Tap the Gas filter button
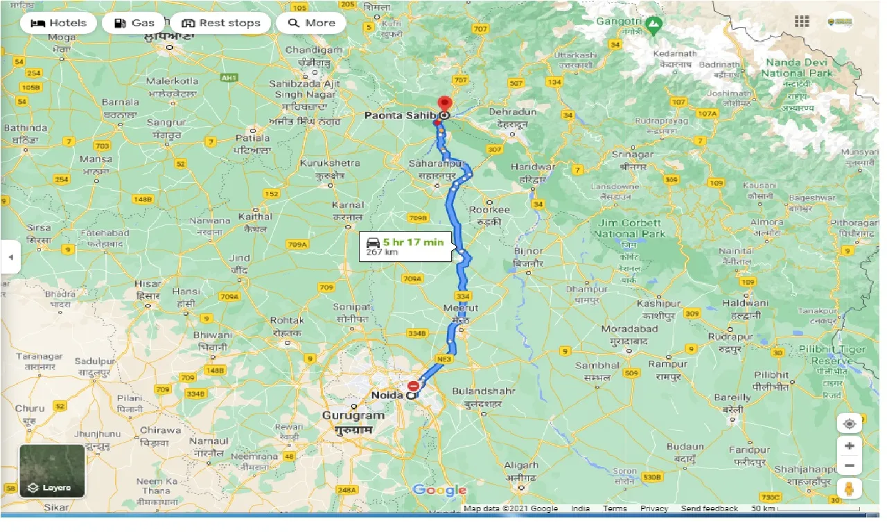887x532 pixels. click(x=134, y=23)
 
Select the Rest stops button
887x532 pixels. click(x=220, y=23)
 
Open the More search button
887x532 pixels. click(x=311, y=23)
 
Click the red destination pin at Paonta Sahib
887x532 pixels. click(x=444, y=105)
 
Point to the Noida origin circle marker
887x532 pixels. click(x=411, y=396)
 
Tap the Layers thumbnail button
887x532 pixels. click(x=53, y=471)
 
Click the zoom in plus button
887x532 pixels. click(x=850, y=445)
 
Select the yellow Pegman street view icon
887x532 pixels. click(x=850, y=488)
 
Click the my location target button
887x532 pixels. click(x=850, y=423)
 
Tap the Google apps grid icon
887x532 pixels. click(x=802, y=21)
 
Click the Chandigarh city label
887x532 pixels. click(x=314, y=51)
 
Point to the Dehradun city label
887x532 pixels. click(x=513, y=112)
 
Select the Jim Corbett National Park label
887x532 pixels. click(x=629, y=229)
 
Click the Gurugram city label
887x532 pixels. click(x=353, y=416)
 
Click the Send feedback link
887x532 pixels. click(x=710, y=508)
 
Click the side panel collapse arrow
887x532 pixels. click(x=10, y=257)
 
